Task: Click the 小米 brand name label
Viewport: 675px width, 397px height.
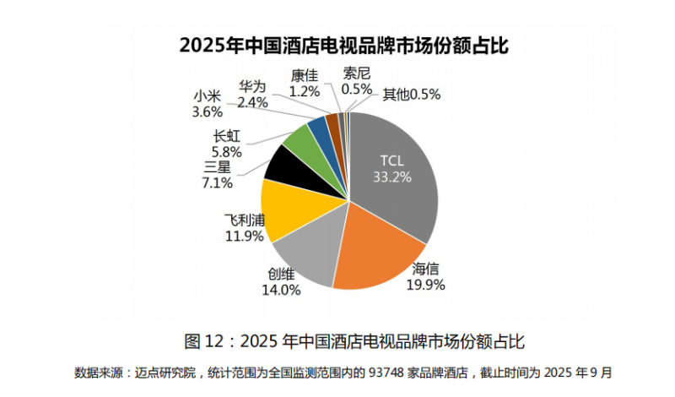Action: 207,95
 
